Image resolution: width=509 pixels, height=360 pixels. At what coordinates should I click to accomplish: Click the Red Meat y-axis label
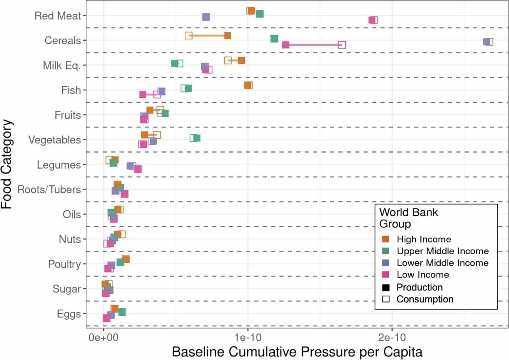[58, 16]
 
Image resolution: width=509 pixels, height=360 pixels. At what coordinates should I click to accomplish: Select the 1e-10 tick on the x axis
[248, 337]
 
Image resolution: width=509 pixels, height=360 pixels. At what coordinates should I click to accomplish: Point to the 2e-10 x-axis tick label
[392, 337]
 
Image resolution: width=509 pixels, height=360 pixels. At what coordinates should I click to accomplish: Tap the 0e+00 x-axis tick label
[104, 337]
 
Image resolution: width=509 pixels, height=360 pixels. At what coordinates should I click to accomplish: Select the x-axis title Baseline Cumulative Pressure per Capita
[297, 352]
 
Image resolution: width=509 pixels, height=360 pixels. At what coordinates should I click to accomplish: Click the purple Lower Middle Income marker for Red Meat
[206, 17]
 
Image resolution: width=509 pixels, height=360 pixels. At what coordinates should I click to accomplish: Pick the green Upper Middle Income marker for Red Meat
[260, 14]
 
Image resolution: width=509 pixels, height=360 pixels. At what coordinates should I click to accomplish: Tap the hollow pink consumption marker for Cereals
[342, 45]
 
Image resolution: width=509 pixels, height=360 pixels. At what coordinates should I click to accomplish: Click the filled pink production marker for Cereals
[285, 45]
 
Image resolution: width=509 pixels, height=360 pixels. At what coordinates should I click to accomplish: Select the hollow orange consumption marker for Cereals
[189, 35]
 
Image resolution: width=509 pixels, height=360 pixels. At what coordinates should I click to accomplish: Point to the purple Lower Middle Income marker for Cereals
[487, 41]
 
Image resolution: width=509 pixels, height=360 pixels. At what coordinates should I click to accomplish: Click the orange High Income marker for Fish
[248, 85]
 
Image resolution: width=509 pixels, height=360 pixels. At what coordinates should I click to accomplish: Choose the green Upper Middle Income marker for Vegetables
[196, 138]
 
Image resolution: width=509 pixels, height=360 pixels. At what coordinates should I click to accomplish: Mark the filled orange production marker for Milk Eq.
[241, 60]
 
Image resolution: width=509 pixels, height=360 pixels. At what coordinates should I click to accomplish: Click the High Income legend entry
[424, 239]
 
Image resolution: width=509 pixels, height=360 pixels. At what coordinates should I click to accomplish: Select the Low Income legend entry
[423, 275]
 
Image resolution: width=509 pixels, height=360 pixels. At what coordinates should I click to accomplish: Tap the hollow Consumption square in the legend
[386, 299]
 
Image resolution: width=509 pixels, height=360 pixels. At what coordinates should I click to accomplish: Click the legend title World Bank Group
[408, 218]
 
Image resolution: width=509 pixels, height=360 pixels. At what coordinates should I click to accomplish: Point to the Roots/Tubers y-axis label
[49, 189]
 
